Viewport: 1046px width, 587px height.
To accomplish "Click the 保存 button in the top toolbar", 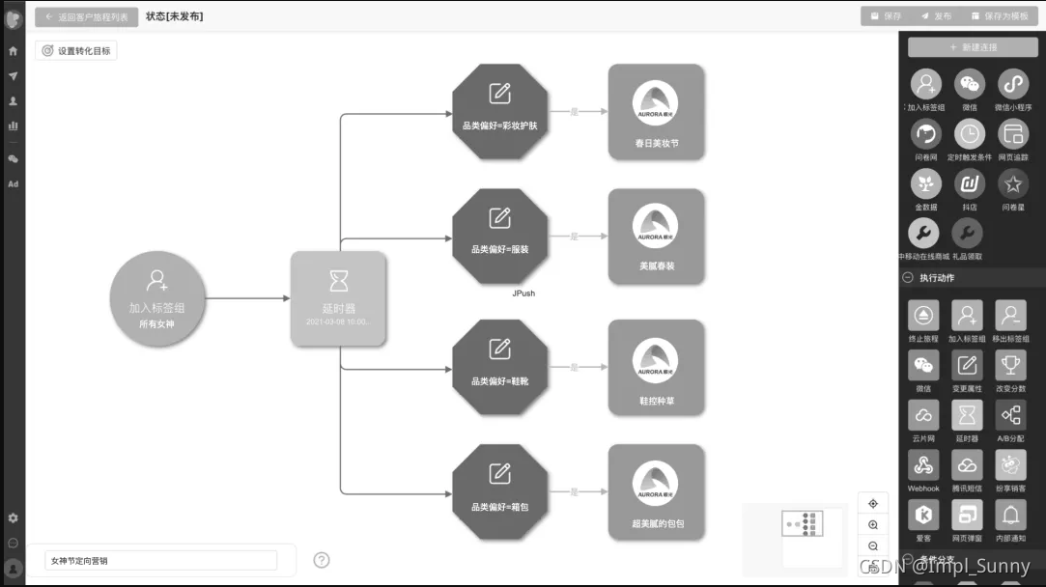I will [x=886, y=16].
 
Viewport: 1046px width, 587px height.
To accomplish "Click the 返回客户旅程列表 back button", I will [x=87, y=16].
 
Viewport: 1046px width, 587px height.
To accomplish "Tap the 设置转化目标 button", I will [x=76, y=50].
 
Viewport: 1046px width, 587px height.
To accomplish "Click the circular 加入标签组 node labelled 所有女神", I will [x=157, y=298].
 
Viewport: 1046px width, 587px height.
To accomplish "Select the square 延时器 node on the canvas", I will [x=339, y=298].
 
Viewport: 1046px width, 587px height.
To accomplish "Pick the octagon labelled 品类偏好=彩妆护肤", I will [x=499, y=111].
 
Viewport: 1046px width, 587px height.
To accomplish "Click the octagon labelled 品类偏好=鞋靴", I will [x=499, y=367].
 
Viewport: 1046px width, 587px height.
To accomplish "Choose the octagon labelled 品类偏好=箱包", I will [x=499, y=491].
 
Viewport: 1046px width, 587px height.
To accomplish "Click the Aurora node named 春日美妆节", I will [x=657, y=111].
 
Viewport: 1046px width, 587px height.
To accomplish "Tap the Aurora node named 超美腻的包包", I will [x=657, y=491].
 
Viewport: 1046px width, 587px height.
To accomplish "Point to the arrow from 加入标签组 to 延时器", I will [x=248, y=298].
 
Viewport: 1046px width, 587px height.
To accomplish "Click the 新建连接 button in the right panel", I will [x=972, y=46].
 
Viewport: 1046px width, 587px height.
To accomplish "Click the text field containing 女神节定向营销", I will [x=160, y=560].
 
